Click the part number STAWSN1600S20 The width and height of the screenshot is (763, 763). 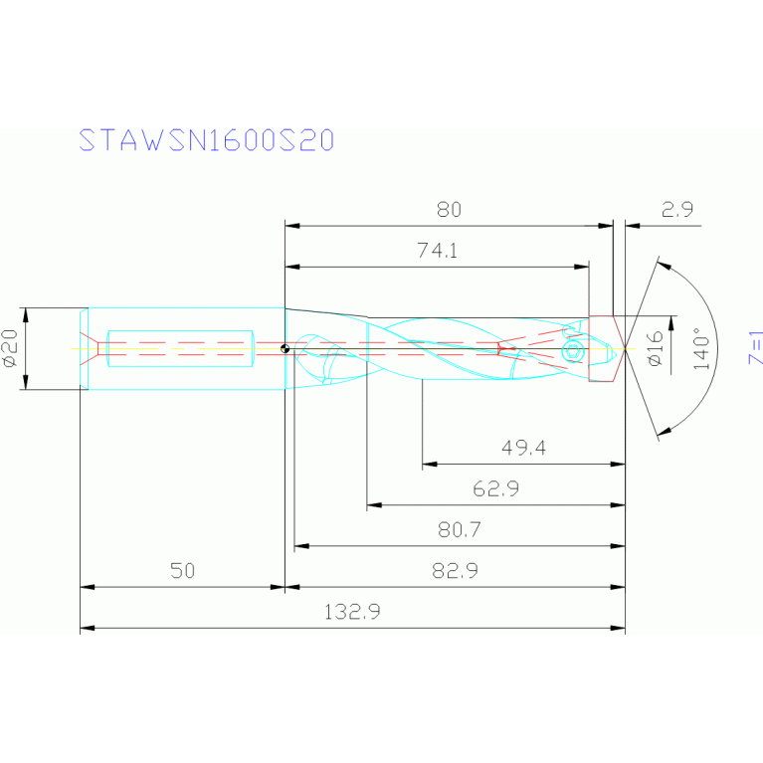click(x=206, y=141)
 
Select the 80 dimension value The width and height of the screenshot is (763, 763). click(x=450, y=210)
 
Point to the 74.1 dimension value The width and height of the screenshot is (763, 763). click(x=437, y=252)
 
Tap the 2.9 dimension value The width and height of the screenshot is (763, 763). click(x=676, y=210)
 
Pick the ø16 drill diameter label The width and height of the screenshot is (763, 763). click(x=654, y=348)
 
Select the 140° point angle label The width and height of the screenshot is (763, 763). click(x=702, y=349)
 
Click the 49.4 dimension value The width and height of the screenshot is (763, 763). click(x=523, y=449)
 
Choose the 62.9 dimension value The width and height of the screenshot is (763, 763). click(x=496, y=489)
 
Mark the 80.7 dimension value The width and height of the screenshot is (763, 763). click(x=460, y=530)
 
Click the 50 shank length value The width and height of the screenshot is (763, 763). click(x=182, y=571)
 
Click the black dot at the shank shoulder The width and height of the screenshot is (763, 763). click(x=285, y=349)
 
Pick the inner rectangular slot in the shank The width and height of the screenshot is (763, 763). click(x=180, y=348)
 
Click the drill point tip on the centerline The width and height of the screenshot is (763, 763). click(x=626, y=348)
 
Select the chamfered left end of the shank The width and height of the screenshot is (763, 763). click(x=85, y=348)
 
